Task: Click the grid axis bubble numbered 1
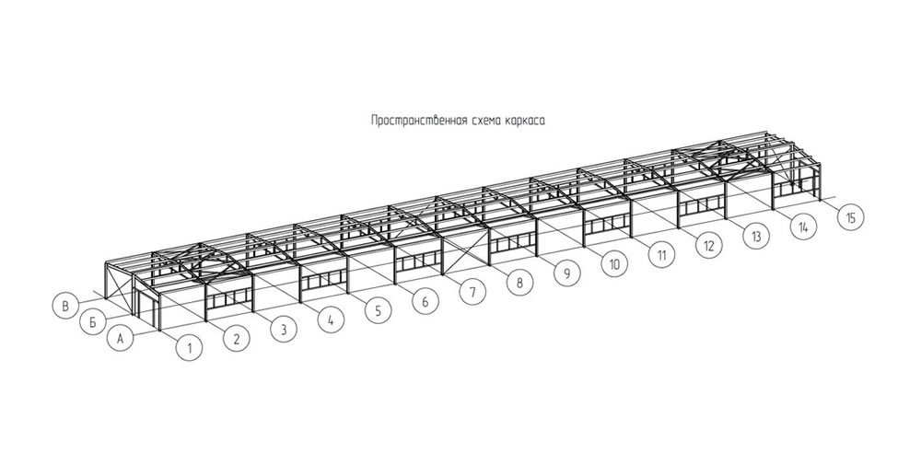tap(189, 348)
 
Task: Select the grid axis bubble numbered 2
tap(236, 339)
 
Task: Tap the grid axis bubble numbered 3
tap(283, 330)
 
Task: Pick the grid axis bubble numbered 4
tap(331, 319)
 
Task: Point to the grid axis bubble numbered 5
tap(378, 310)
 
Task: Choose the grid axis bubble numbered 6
tap(426, 302)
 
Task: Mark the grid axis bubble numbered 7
tap(472, 292)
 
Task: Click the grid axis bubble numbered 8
tap(519, 283)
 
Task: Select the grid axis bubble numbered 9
tap(566, 273)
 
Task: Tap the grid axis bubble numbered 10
tap(614, 264)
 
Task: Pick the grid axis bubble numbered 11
tap(661, 255)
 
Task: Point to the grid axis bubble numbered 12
tap(709, 245)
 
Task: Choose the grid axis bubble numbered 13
tap(756, 236)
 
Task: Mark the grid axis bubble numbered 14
tap(803, 226)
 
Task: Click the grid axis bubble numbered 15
tap(850, 218)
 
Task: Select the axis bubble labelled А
tap(121, 339)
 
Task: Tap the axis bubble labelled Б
tap(92, 321)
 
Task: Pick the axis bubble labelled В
tap(65, 306)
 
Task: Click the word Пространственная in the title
tap(419, 121)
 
